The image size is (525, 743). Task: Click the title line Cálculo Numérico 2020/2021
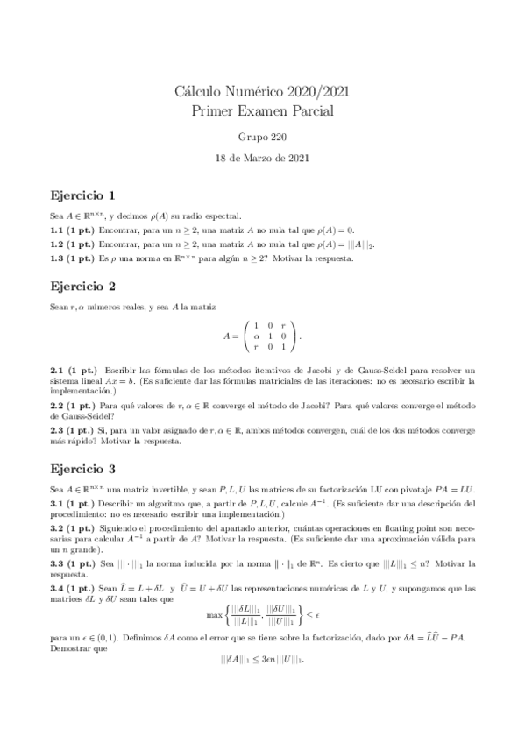[262, 93]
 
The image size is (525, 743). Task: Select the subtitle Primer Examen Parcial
[262, 111]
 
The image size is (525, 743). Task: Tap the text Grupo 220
[262, 138]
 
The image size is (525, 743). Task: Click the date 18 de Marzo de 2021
[262, 159]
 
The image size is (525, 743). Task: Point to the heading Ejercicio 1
[83, 195]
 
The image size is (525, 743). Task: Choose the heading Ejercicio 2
[83, 286]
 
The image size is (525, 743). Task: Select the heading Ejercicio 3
[83, 469]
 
